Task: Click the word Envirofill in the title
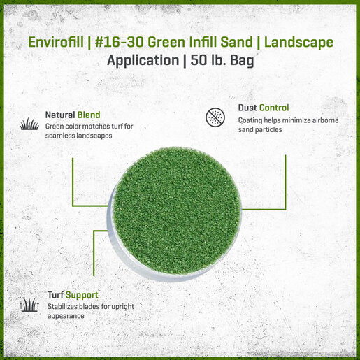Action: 56,42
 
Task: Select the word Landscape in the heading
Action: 298,43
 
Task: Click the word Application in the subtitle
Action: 143,61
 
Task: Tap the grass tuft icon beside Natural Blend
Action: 29,124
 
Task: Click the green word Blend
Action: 89,115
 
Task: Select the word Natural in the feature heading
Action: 60,115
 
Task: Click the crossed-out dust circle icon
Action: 215,117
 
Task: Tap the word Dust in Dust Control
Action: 247,108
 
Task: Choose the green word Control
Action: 274,108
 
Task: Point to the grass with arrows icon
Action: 29,305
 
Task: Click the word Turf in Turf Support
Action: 55,295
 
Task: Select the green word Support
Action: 82,296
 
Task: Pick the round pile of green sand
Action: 176,210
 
